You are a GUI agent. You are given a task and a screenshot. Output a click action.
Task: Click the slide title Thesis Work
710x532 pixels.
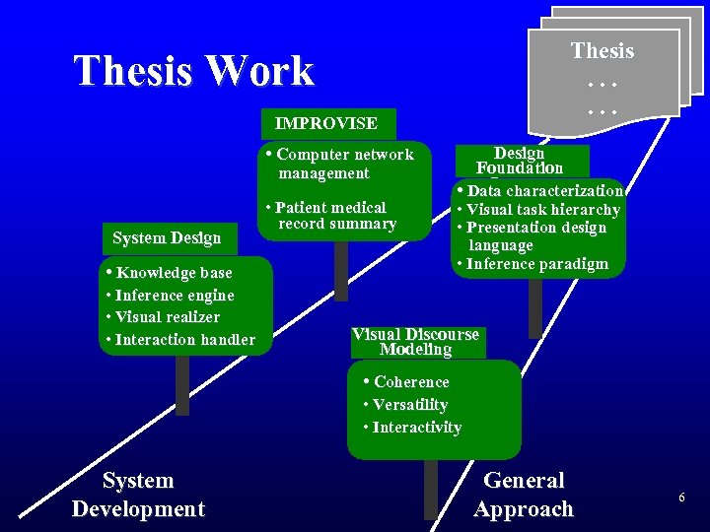click(193, 71)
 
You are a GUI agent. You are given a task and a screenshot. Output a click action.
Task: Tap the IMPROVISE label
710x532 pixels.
click(325, 124)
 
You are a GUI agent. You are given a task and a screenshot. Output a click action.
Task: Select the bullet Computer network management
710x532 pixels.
click(341, 164)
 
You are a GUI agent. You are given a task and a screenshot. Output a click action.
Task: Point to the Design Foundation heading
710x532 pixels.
click(520, 161)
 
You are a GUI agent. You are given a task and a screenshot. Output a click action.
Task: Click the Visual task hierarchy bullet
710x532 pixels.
click(542, 210)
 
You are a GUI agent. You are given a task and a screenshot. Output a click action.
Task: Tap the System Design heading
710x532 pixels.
click(167, 238)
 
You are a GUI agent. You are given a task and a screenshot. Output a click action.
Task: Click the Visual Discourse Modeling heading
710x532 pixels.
click(415, 342)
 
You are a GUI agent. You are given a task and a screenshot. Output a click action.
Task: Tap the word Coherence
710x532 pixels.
click(411, 382)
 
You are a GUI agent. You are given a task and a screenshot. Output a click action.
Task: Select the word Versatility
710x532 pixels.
click(409, 405)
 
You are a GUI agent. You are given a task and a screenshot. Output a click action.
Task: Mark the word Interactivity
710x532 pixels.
click(416, 428)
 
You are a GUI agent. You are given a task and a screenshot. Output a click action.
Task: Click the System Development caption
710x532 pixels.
click(138, 495)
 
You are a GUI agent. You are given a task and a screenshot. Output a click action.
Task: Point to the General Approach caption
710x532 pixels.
click(524, 495)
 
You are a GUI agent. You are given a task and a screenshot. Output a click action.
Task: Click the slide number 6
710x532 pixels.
click(681, 499)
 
